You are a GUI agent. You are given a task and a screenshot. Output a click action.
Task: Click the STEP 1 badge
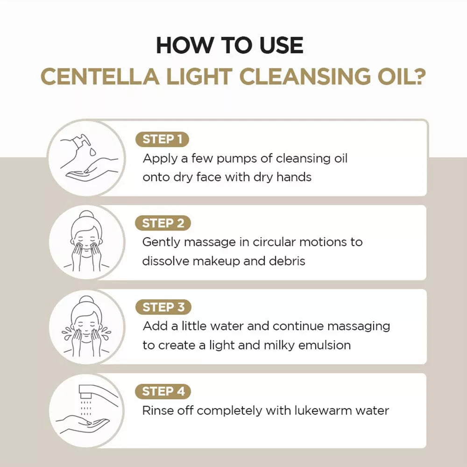(x=162, y=139)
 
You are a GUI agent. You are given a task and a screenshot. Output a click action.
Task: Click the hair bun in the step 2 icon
(x=86, y=216)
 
